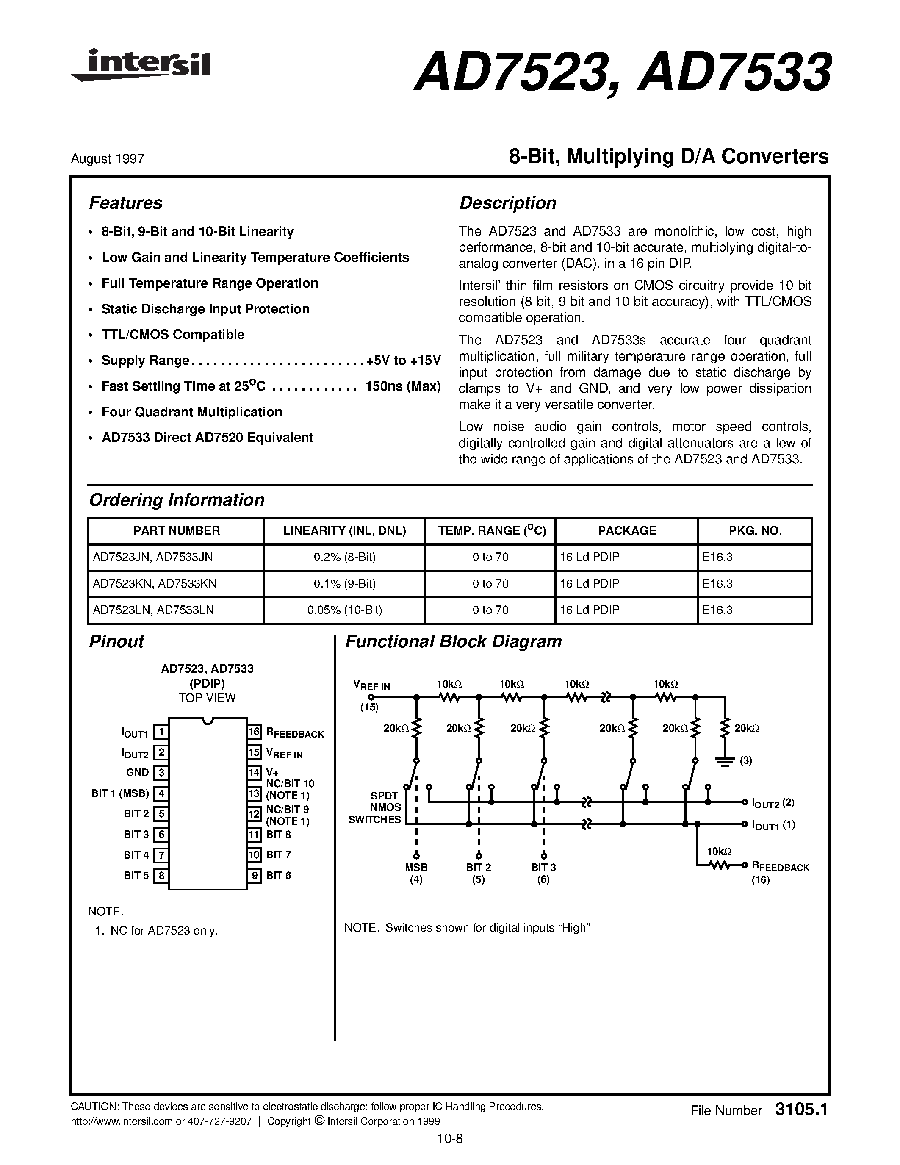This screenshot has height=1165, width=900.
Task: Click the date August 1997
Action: point(107,159)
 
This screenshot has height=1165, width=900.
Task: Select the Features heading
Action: point(125,203)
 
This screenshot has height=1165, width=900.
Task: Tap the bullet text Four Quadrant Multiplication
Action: point(191,412)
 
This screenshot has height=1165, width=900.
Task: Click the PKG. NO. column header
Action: point(754,531)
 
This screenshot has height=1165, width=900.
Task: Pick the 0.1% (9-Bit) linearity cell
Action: point(344,584)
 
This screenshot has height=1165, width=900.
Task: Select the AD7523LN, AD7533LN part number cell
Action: point(154,610)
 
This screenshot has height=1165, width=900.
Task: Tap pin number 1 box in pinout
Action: point(161,732)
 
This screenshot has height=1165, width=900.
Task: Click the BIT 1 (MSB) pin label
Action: point(120,793)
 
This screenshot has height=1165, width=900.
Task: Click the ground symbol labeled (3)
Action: point(724,761)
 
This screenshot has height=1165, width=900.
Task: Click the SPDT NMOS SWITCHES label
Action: point(374,807)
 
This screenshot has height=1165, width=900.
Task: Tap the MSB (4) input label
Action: point(416,873)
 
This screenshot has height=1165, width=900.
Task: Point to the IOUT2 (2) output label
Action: point(773,803)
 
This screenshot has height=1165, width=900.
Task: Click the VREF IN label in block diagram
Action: point(371,685)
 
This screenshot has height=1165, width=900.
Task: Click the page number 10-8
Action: point(449,1138)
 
